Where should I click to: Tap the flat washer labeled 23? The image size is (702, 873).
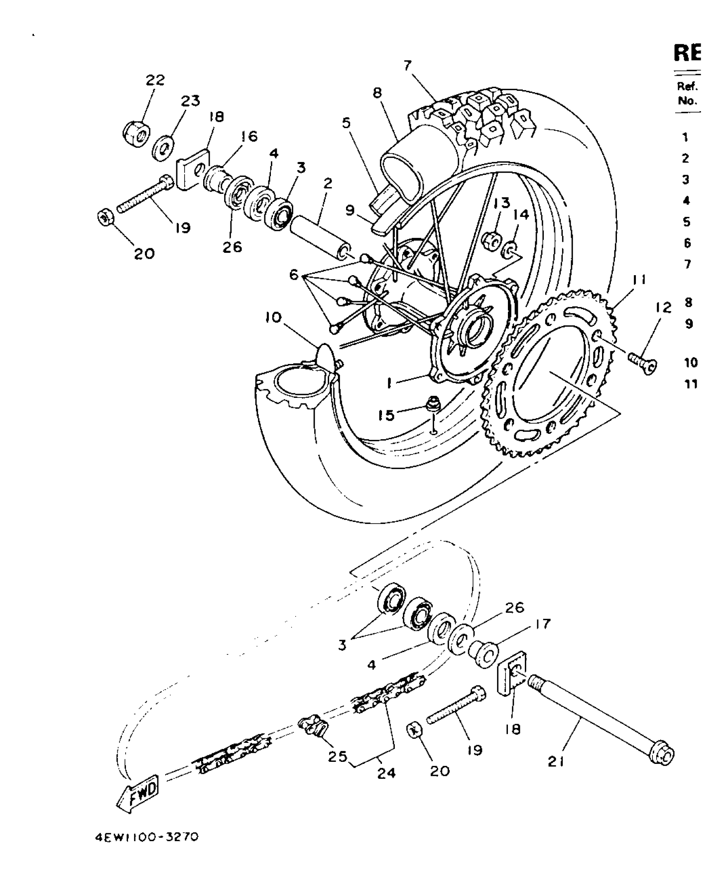[x=163, y=149]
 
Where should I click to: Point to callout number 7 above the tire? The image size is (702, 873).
[x=408, y=66]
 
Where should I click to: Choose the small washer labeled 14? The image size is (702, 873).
[x=509, y=249]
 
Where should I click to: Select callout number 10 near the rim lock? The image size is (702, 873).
[x=273, y=318]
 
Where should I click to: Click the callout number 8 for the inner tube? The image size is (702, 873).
[x=377, y=93]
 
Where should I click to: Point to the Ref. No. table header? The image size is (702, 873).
[x=687, y=93]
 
